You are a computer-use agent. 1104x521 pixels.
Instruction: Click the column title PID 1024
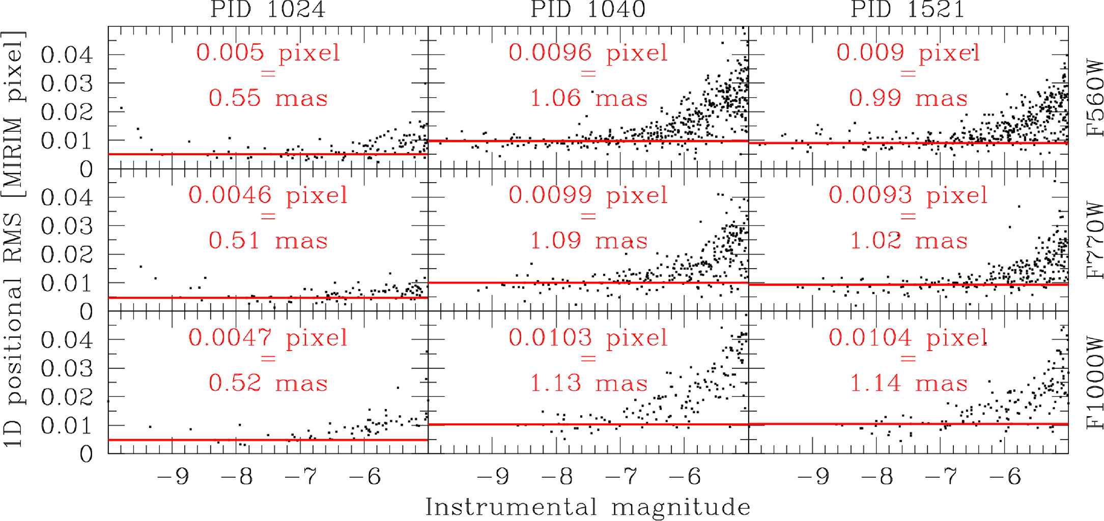click(268, 9)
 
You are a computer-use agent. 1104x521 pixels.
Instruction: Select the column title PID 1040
click(588, 9)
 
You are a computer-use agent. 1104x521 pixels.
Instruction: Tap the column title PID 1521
click(908, 9)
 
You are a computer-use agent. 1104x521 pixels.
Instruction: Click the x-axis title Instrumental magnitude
click(588, 507)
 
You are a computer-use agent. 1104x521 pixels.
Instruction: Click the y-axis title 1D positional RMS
click(14, 239)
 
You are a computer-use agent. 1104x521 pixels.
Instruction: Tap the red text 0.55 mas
click(268, 98)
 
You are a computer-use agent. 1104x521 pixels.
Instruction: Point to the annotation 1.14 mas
click(908, 383)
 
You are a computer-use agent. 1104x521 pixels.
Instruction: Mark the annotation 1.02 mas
click(908, 240)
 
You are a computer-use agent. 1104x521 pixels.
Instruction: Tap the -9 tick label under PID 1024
click(173, 477)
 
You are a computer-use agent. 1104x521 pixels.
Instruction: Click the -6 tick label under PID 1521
click(1005, 477)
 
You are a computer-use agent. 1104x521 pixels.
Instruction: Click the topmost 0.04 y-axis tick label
click(67, 55)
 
